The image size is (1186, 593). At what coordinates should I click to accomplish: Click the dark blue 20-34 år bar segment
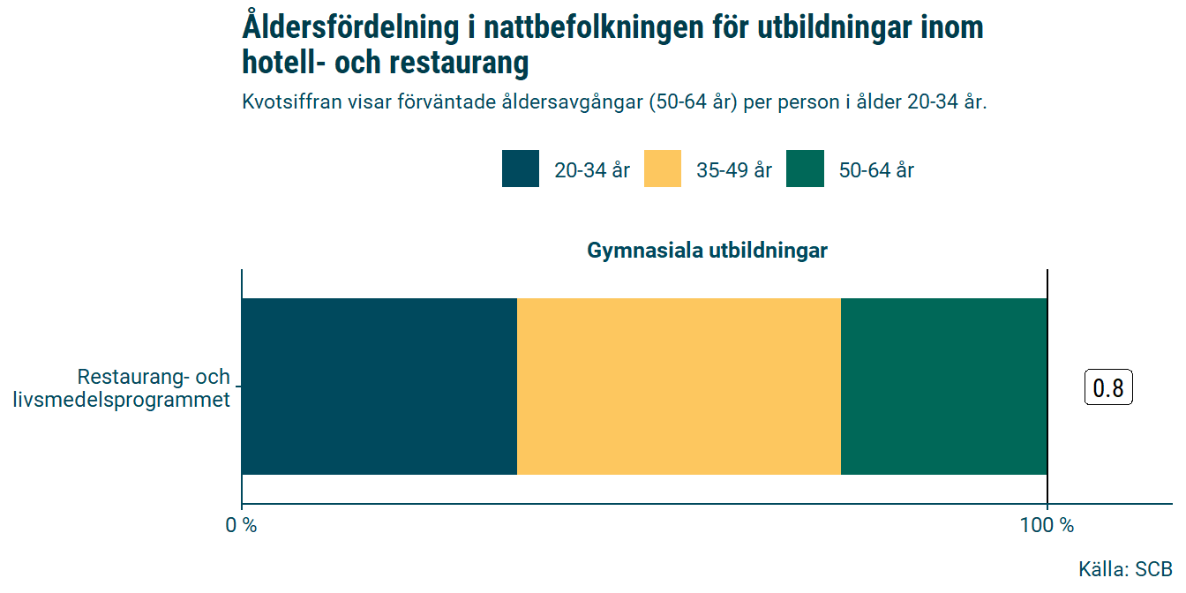[x=379, y=387]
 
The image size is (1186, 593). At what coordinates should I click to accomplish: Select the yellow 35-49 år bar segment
[x=679, y=387]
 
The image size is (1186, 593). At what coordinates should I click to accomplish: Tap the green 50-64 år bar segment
[x=943, y=387]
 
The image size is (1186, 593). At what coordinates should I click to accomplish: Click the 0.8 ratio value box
[x=1107, y=388]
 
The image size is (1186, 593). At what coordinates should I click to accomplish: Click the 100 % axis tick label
[x=1047, y=526]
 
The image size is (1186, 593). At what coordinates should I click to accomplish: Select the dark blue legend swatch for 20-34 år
[x=521, y=169]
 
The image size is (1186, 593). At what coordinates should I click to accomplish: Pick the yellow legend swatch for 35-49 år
[x=663, y=169]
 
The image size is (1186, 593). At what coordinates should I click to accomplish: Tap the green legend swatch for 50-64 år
[x=805, y=169]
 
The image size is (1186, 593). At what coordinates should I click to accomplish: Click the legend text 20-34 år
[x=592, y=170]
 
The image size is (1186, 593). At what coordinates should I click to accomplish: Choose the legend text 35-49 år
[x=734, y=170]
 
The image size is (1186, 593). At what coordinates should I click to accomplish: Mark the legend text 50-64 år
[x=876, y=170]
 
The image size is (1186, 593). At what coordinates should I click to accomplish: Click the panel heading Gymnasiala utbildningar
[x=707, y=251]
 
